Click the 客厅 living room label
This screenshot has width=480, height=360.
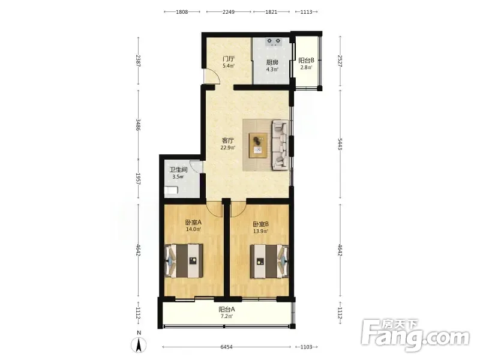coord(228,141)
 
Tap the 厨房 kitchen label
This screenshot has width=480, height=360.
coord(272,62)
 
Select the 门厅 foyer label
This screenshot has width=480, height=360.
coord(229,58)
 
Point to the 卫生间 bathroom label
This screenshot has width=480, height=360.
coord(178,170)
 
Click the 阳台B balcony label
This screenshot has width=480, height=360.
coord(306,61)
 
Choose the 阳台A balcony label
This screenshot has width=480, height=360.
coord(227,309)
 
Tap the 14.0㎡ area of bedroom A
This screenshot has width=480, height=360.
coord(193,229)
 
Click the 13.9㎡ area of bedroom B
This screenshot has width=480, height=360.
coord(260,231)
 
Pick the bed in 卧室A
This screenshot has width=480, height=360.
coord(184,261)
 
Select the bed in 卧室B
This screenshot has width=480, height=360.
coord(269,261)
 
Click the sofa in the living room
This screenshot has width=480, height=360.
coord(280,145)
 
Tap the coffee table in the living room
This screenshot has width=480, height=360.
coord(259,145)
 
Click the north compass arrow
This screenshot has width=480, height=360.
coord(139,346)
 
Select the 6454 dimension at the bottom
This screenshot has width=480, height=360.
coord(227,347)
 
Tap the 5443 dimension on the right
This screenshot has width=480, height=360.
coord(340,144)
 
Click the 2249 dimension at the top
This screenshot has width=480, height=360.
coord(229,12)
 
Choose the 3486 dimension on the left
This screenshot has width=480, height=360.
coord(138,125)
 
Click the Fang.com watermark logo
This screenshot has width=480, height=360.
coord(415,336)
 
